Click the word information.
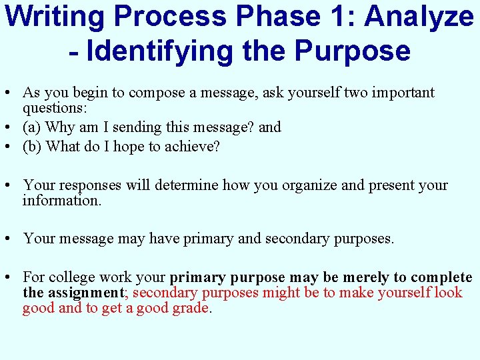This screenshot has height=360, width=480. [62, 200]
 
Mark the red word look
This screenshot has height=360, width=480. [448, 293]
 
